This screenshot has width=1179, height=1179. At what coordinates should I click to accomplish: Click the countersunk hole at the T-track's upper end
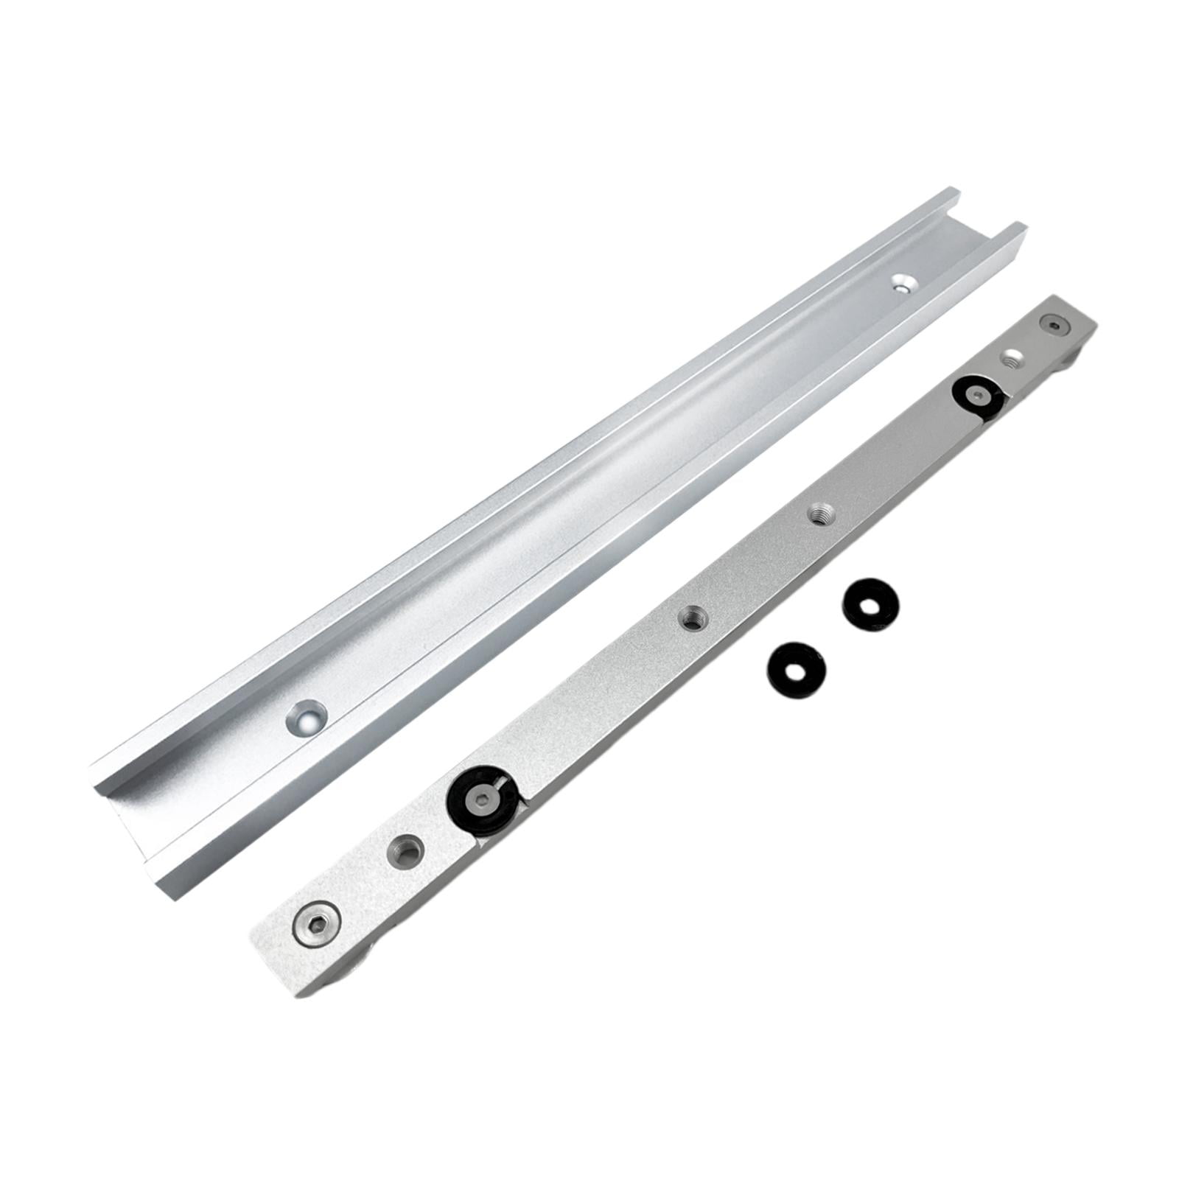click(900, 283)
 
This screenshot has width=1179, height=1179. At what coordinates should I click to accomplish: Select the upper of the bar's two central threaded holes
click(816, 513)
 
